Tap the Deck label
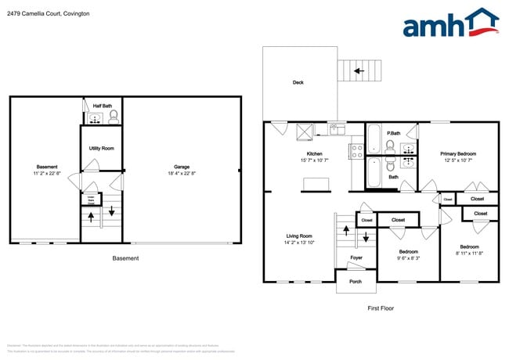tap(298, 82)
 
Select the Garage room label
tap(182, 167)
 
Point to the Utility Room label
tap(102, 148)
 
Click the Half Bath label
tap(102, 106)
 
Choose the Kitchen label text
tap(314, 153)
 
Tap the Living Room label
tap(299, 236)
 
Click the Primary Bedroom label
tap(457, 153)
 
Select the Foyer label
tap(356, 257)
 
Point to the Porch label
tap(356, 282)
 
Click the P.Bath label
tap(394, 133)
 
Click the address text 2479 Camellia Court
tap(45, 14)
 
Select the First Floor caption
tap(381, 308)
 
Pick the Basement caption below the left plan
tap(125, 258)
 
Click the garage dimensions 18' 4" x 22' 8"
tap(182, 174)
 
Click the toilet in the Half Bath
tap(114, 117)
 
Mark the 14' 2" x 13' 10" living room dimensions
tap(299, 243)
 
